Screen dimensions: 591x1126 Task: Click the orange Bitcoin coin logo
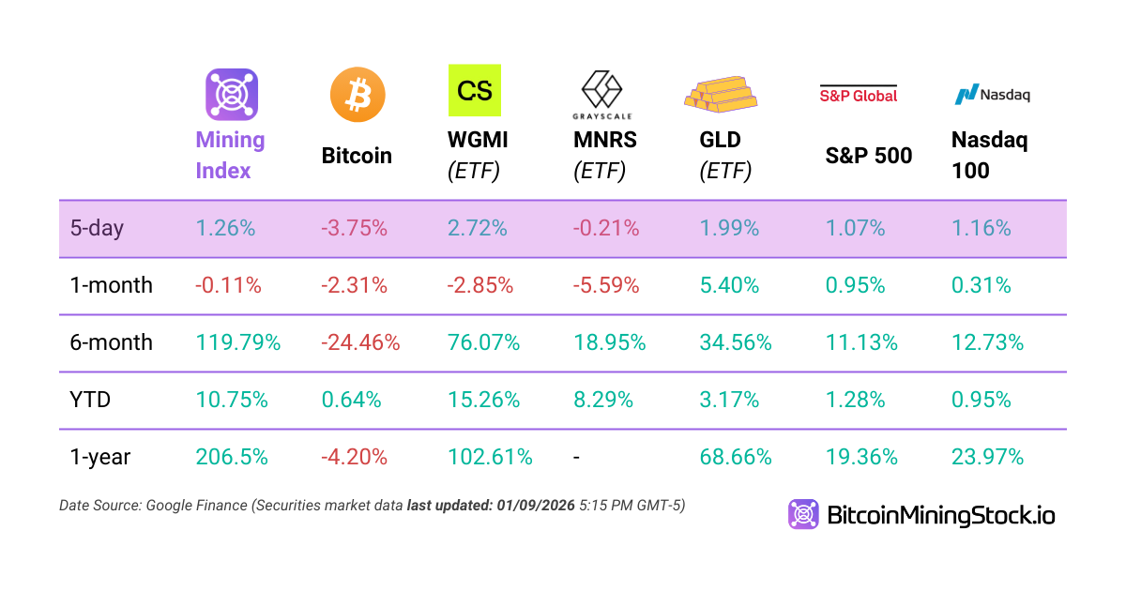coord(358,95)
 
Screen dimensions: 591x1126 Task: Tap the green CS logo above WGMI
coord(475,90)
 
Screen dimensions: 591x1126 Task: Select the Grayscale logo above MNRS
coord(602,94)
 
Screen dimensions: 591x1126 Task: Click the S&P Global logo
coord(859,94)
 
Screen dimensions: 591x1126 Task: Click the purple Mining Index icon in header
coord(232,95)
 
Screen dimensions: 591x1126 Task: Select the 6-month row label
coord(112,342)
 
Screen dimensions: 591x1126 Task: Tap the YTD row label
coord(91,400)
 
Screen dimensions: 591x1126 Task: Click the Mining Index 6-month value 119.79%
coord(238,342)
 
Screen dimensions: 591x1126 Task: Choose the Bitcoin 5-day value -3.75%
coord(354,228)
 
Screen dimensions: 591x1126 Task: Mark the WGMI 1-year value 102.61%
coord(491,457)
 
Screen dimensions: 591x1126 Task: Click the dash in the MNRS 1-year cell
coord(577,457)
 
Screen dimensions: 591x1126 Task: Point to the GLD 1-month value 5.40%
coord(729,285)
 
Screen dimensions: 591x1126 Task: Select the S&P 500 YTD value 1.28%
coord(855,400)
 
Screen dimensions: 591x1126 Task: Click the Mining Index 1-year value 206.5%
coord(232,457)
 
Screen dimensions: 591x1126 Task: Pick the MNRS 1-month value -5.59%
coord(606,285)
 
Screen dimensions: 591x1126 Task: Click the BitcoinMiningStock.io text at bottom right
coord(940,515)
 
